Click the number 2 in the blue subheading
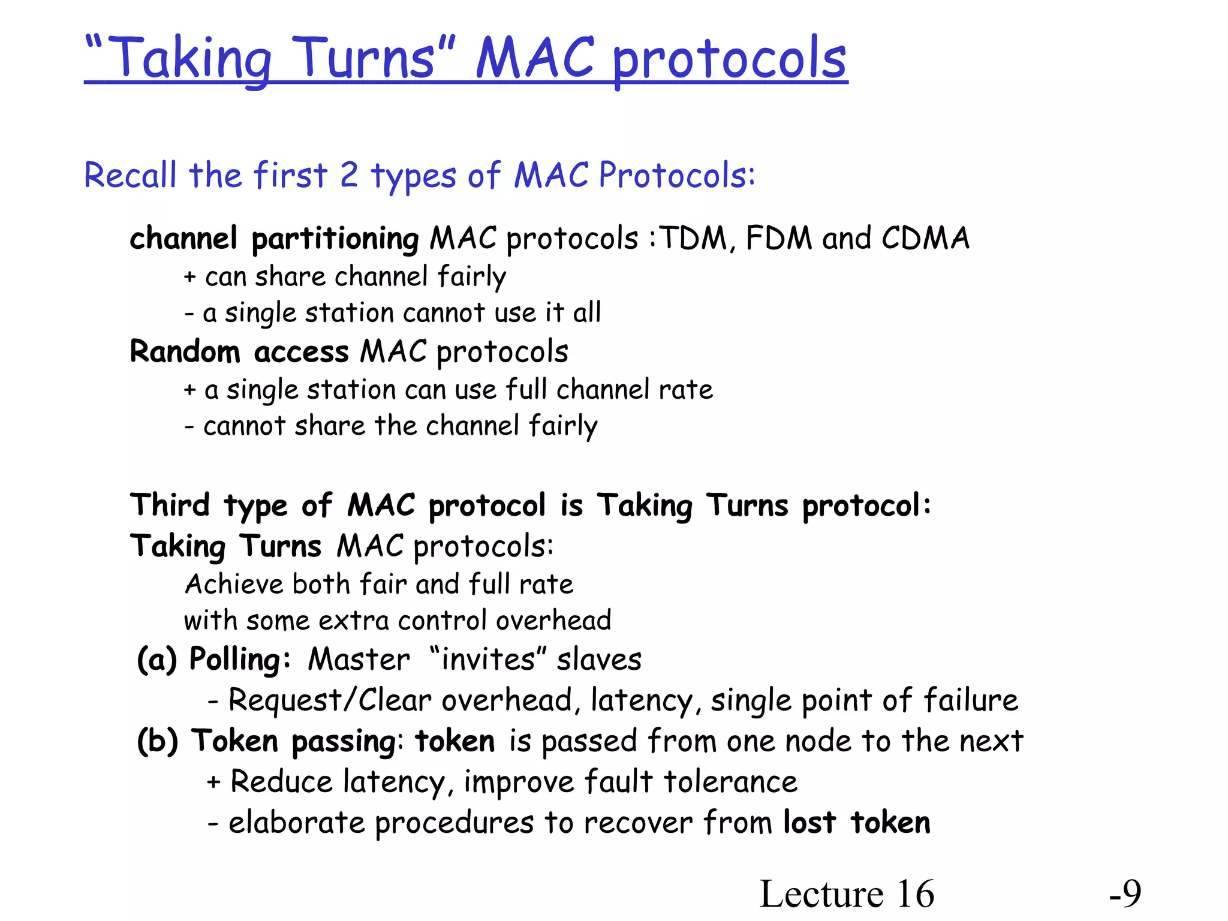(349, 175)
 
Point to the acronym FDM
(779, 238)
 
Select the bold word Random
(185, 351)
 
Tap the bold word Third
(170, 505)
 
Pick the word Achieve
(234, 584)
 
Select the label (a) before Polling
(157, 660)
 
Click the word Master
(359, 660)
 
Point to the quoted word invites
(487, 660)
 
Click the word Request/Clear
(330, 700)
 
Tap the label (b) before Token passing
(158, 741)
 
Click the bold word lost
(809, 823)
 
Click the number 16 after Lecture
(915, 894)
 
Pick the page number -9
(1125, 894)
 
